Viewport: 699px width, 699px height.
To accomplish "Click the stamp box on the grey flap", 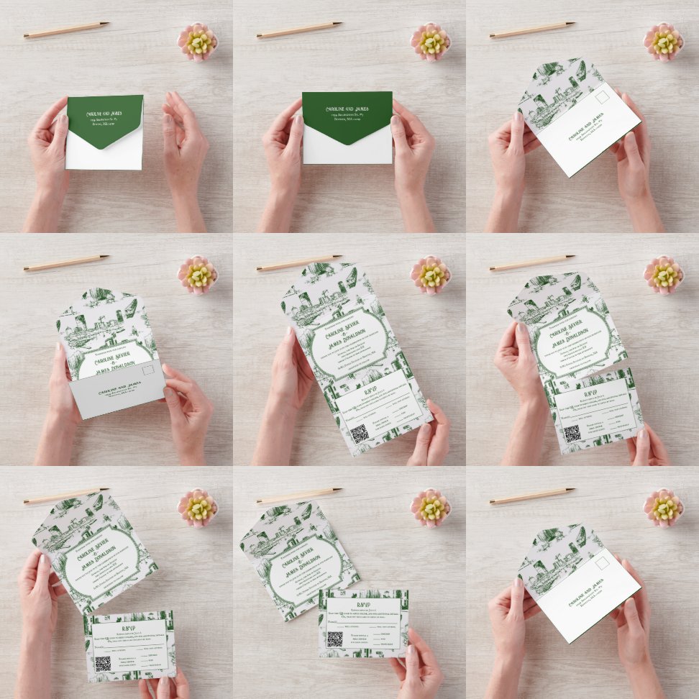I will pos(148,371).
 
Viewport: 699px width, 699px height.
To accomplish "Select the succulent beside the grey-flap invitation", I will pos(198,275).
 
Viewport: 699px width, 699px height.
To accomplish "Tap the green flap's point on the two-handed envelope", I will pos(347,142).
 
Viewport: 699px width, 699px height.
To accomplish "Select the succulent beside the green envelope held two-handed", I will pos(431,42).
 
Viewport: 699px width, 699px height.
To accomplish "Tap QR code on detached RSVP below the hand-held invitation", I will pos(102,663).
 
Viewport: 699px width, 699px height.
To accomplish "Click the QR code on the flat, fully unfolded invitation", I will pos(359,433).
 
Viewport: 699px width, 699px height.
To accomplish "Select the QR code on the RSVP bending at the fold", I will pos(572,434).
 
